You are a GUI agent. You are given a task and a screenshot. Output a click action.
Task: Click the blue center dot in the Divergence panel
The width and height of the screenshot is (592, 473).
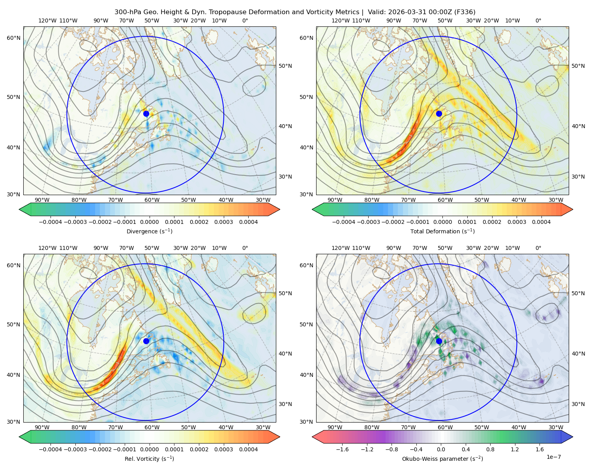[x=146, y=114]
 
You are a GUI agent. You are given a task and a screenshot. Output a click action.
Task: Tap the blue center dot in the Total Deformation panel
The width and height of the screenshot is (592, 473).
[x=439, y=114]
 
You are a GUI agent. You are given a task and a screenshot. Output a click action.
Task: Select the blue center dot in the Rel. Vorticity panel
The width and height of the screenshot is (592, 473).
[x=146, y=341]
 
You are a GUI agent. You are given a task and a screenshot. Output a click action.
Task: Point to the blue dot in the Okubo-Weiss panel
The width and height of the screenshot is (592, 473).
[x=439, y=341]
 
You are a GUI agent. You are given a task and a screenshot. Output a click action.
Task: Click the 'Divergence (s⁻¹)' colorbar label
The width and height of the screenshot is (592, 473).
[x=149, y=231]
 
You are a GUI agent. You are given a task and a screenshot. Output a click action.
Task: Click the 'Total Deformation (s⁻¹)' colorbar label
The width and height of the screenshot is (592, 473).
[x=442, y=231]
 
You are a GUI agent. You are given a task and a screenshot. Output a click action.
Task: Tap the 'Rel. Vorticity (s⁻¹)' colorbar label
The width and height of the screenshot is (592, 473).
[x=149, y=458]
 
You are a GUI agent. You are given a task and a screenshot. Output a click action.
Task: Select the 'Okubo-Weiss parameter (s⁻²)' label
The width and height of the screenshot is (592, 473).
[x=442, y=458]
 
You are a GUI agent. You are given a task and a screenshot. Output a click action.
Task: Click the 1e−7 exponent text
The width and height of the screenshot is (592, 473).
[x=553, y=457]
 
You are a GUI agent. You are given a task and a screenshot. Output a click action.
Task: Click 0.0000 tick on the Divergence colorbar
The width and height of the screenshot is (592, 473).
[x=149, y=222]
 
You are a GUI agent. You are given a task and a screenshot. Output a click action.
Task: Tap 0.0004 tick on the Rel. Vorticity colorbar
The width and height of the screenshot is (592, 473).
[x=248, y=449]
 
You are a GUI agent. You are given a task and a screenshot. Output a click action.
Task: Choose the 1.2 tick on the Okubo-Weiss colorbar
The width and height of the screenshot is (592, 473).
[x=515, y=449]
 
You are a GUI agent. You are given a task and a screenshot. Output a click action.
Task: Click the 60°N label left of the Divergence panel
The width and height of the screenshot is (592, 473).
[x=13, y=38]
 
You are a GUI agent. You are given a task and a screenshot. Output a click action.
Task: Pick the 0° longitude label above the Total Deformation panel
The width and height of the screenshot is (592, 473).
[x=538, y=20]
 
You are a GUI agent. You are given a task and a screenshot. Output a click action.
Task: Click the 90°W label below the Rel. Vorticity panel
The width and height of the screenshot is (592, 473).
[x=42, y=427]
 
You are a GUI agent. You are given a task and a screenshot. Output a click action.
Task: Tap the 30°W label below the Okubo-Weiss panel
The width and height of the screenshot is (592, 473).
[x=556, y=427]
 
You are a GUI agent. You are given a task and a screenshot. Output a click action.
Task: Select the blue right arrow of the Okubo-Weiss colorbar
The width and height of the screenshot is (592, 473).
[x=567, y=436]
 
